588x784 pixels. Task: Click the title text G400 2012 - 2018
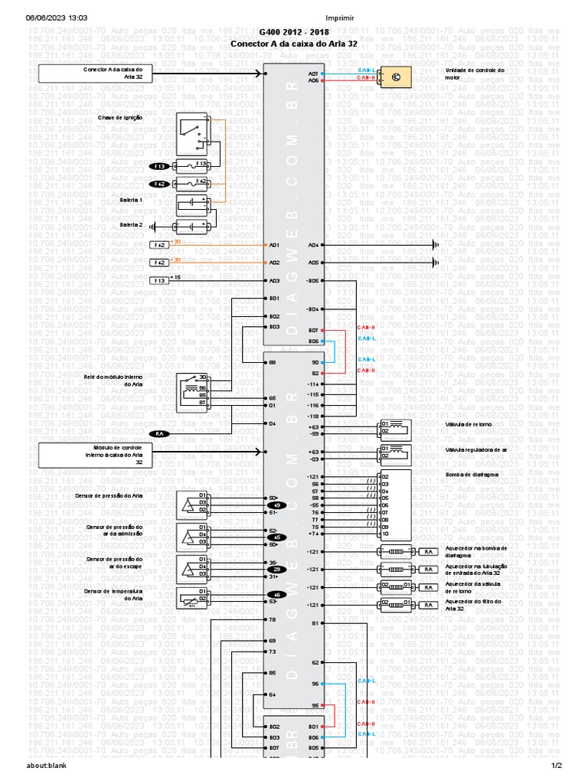coord(293,34)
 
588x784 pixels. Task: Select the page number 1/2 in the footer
coord(557,765)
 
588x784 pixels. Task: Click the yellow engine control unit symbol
coord(396,77)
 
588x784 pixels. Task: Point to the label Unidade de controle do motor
coord(475,73)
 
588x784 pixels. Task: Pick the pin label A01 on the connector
coord(274,245)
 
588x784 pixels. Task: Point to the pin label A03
coord(274,281)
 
